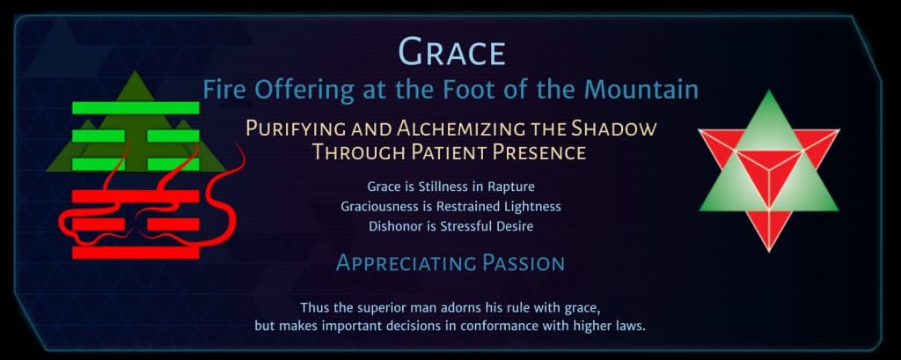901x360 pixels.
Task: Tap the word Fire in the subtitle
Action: pos(223,90)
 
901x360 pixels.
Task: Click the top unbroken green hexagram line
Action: pos(136,107)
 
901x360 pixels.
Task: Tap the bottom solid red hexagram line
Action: pos(136,253)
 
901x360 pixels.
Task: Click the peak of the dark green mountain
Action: pos(135,72)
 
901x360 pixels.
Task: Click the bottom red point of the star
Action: pos(769,250)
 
